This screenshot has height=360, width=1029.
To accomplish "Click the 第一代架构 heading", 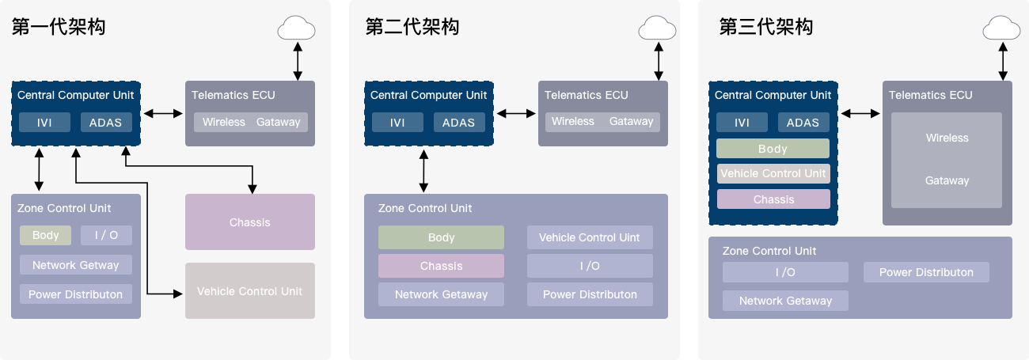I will point(59,27).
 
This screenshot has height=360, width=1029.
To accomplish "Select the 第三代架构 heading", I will point(765,27).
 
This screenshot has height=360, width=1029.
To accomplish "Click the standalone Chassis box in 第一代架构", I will point(250,222).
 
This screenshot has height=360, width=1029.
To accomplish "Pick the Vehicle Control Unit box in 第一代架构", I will point(250,291).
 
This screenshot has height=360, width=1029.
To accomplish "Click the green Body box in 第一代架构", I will point(46,235).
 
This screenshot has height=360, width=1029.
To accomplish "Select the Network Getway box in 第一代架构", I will point(75,265).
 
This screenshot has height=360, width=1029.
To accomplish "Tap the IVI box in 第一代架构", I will point(45,123).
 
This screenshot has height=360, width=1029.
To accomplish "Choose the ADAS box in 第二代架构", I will point(458,123).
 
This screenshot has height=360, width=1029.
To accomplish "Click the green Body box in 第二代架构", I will point(441,237).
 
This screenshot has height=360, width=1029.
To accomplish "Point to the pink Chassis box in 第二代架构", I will point(441,266).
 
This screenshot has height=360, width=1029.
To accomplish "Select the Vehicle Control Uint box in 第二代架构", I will point(590,237).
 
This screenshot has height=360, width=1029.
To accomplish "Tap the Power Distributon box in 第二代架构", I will point(590,294).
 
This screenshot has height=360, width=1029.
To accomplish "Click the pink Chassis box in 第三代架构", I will point(773,199).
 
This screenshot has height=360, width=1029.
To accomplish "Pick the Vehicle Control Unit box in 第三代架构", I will point(773,173).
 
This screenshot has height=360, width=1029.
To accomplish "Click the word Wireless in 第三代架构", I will point(947,138).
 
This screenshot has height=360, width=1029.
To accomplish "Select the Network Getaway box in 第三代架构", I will point(785,301).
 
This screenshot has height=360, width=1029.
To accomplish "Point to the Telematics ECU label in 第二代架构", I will point(586,95).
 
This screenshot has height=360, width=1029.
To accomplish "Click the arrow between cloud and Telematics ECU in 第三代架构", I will point(1002,61).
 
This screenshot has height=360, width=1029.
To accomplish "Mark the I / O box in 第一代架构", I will point(106,235).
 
